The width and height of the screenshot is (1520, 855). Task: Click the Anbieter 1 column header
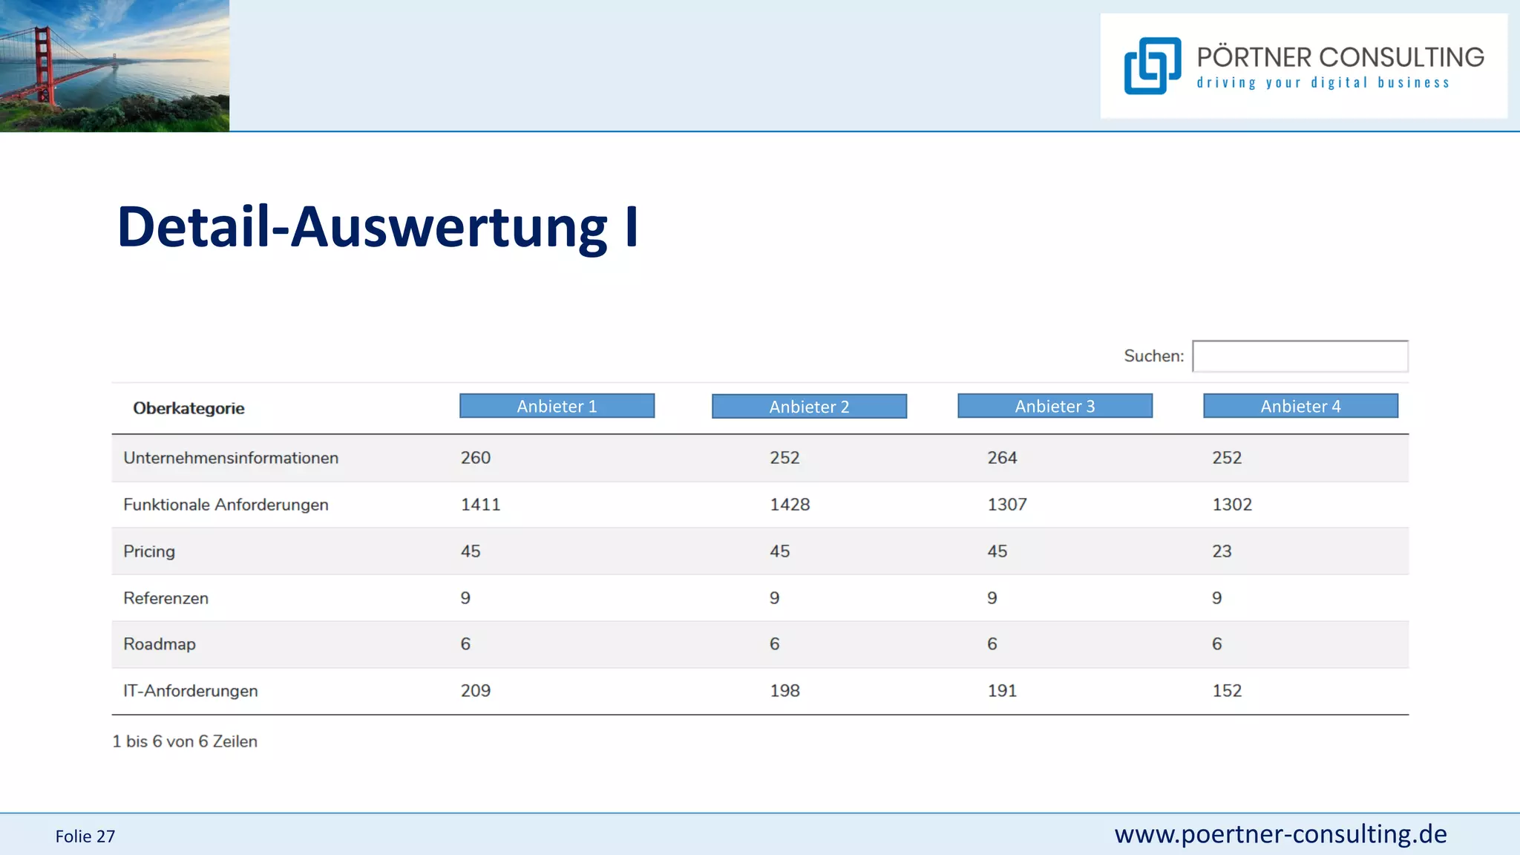coord(557,406)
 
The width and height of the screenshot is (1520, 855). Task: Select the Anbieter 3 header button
coord(1055,406)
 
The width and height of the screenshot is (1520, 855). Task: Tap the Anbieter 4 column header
coord(1300,406)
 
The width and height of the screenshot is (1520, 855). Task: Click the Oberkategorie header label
coord(189,408)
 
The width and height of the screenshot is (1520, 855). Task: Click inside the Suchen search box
coord(1300,356)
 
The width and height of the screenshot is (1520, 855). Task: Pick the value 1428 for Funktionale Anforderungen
coord(790,505)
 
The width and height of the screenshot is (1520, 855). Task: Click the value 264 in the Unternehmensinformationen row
coord(1002,458)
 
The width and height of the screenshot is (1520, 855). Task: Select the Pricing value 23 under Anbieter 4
coord(1222,551)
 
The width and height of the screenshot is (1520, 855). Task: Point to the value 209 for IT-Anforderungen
coord(476,691)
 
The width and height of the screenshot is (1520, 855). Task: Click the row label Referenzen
coord(166,598)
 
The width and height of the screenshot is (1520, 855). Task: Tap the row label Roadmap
coord(160,644)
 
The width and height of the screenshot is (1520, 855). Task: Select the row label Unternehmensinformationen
coord(231,458)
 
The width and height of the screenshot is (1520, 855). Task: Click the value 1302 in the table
coord(1232,505)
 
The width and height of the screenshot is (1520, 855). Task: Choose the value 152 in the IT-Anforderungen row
coord(1227,691)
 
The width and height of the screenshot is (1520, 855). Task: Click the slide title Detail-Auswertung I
coord(377,226)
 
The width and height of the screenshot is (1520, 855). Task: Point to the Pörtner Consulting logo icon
coord(1152,66)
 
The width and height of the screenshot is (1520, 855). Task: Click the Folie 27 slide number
coord(85,836)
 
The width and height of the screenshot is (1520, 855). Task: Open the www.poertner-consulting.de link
coord(1280,834)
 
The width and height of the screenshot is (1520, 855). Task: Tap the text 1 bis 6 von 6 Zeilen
coord(185,741)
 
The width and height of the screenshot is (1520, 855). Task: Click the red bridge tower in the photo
coord(42,63)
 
